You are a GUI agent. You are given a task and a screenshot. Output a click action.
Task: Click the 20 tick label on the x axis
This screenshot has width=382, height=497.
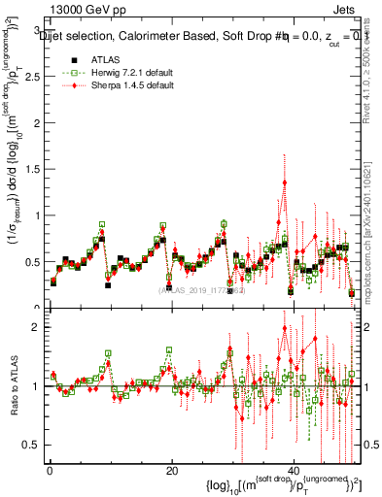(x=171, y=471)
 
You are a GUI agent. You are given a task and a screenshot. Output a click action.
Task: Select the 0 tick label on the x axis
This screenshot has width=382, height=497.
(x=49, y=471)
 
